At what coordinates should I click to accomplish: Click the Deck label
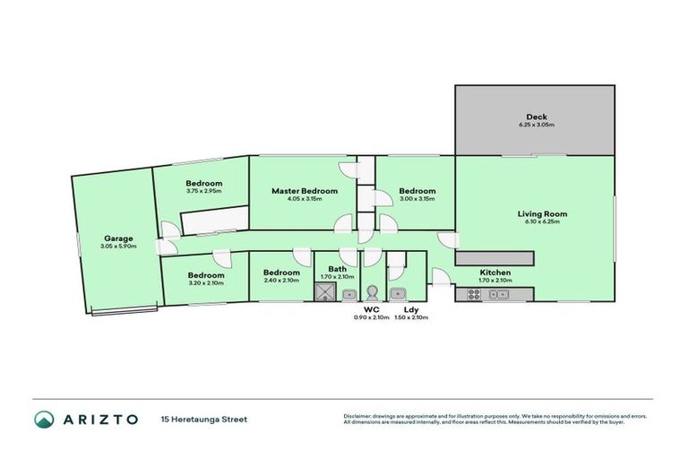[x=537, y=117]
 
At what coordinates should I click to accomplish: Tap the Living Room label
[x=542, y=213]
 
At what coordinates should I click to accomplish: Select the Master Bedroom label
[x=305, y=191]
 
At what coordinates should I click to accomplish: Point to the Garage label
[x=118, y=238]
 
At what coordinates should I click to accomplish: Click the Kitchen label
[x=494, y=272]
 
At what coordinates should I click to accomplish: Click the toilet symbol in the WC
[x=373, y=294]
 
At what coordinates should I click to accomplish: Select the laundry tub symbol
[x=400, y=294]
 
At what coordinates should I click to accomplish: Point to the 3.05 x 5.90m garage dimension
[x=118, y=246]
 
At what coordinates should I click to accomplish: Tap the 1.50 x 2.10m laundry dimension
[x=411, y=317]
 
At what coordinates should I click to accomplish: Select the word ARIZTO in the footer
[x=100, y=419]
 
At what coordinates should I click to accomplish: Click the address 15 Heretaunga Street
[x=203, y=419]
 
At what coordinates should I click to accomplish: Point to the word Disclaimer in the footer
[x=357, y=415]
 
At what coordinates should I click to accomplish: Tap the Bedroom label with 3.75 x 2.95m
[x=204, y=183]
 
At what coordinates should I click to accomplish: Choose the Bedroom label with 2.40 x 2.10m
[x=280, y=273]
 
